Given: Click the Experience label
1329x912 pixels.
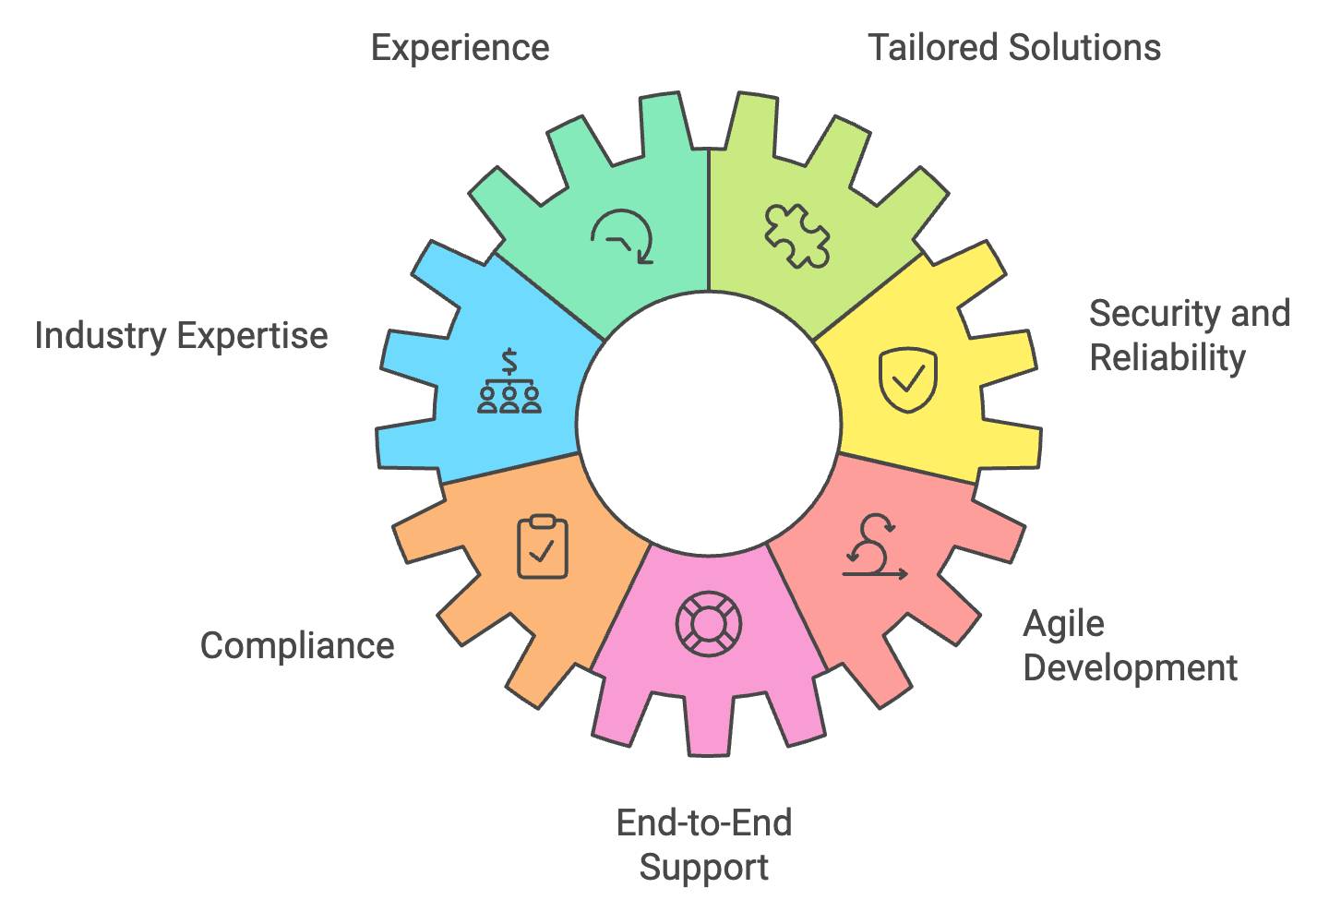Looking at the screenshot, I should point(460,47).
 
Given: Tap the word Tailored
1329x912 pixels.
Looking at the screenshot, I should point(933,47).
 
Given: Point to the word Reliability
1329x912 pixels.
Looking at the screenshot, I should point(1167,357).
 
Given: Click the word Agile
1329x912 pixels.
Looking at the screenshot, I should point(1063,624).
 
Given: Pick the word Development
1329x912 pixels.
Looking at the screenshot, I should point(1131,667).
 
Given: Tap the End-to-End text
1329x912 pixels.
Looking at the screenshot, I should point(704,822).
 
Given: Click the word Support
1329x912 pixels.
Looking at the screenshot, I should point(704,867).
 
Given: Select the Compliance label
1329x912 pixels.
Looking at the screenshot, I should point(297,645).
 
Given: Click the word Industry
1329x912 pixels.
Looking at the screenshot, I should point(101,335).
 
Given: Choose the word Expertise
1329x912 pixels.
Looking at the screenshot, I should point(252,335).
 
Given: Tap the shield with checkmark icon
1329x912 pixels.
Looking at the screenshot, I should point(907,378).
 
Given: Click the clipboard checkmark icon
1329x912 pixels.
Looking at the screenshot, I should point(542,548).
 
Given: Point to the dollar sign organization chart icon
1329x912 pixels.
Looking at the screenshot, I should point(509,382).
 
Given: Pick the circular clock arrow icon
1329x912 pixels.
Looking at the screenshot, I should point(623,236).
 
